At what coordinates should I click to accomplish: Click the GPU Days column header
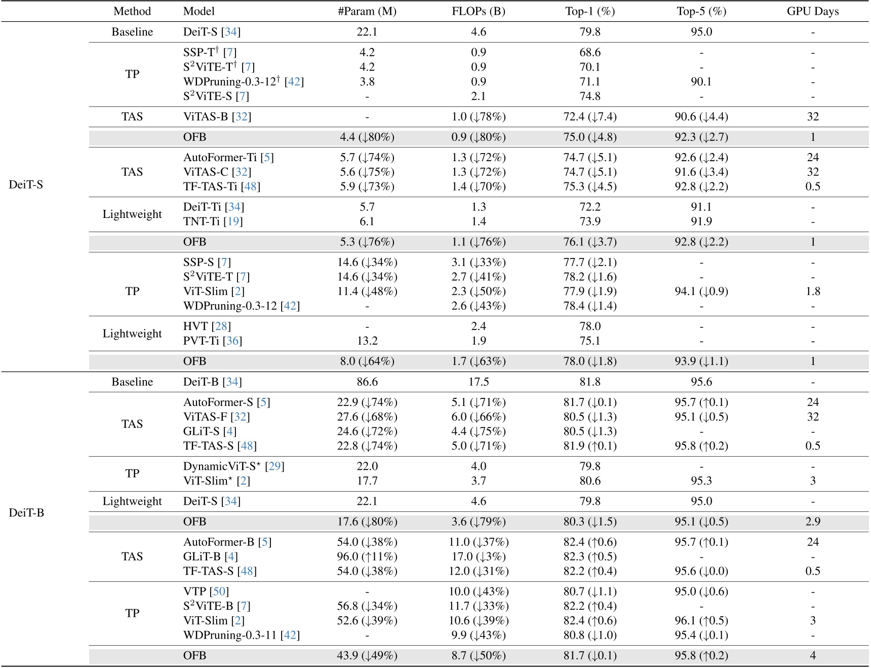[812, 11]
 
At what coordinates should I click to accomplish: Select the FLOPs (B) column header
[478, 11]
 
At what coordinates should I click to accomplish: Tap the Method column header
[132, 11]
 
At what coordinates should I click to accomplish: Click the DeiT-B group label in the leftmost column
[26, 512]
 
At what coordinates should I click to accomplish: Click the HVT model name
[195, 326]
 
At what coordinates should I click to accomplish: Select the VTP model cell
[194, 591]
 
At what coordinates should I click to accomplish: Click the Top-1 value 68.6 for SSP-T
[590, 52]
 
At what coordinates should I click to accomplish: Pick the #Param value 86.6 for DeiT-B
[367, 382]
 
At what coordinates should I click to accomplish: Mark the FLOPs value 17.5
[479, 382]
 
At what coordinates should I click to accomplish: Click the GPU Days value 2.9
[813, 522]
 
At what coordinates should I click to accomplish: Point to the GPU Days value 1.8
[813, 291]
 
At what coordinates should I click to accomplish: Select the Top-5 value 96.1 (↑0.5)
[701, 620]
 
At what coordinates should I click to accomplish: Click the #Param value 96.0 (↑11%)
[367, 556]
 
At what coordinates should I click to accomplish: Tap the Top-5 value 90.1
[701, 82]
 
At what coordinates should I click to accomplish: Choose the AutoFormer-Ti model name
[220, 158]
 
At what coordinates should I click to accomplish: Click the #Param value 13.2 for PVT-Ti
[367, 341]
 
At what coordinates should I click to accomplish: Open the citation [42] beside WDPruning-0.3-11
[290, 635]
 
